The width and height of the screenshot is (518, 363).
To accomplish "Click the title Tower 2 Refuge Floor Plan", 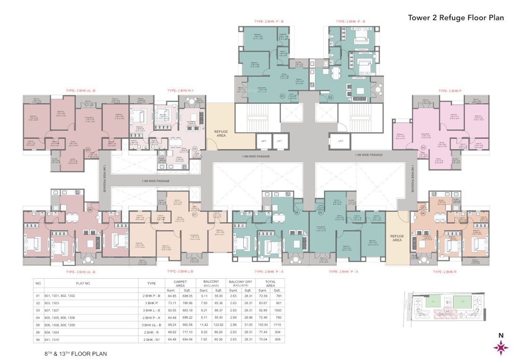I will [456, 18].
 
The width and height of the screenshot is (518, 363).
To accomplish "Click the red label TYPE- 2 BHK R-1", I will [181, 90].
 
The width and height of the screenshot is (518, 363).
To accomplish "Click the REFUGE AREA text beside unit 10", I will [221, 133].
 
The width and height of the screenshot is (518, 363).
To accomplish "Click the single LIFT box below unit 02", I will [340, 140].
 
